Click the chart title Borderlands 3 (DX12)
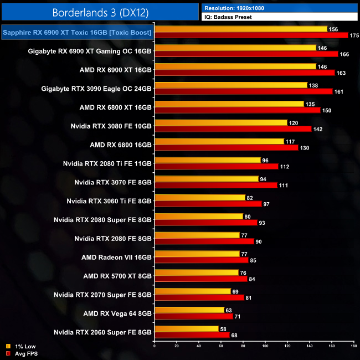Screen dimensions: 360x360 pos(100,12)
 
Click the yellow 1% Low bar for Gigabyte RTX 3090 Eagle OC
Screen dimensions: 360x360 pos(231,85)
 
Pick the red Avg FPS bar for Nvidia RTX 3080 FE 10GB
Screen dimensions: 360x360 pos(233,128)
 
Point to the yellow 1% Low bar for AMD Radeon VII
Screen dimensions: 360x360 pos(197,254)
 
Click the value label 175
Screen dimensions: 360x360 pos(355,35)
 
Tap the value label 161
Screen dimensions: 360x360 pos(340,91)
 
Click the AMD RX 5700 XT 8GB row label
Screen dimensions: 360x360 pos(117,275)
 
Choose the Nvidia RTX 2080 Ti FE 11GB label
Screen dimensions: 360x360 pos(108,163)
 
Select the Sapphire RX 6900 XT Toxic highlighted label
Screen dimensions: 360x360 pos(77,33)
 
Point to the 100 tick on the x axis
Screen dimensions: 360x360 pos(265,347)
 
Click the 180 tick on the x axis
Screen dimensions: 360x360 pos(353,347)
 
